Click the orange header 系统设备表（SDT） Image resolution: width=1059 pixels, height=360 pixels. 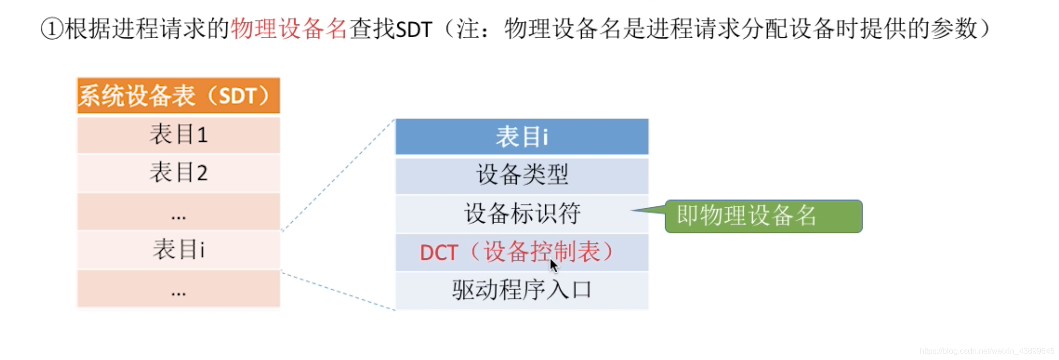[179, 95]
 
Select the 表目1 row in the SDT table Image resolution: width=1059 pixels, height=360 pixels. [179, 134]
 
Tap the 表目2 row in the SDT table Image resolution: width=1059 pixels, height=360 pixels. [179, 173]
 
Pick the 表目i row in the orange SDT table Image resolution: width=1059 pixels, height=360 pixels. [179, 249]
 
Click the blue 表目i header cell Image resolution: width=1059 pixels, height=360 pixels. [522, 136]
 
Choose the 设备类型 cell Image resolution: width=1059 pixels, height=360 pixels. [522, 175]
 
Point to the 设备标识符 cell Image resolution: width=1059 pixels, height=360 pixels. [522, 214]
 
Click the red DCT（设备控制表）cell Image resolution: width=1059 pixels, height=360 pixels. [516, 252]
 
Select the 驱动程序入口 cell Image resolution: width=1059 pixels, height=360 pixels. [522, 290]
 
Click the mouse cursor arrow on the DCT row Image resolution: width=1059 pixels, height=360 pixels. [554, 265]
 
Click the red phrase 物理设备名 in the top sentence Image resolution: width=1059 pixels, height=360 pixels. [289, 29]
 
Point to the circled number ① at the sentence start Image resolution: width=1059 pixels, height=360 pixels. [52, 29]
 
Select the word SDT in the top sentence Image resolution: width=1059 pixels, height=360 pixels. [414, 30]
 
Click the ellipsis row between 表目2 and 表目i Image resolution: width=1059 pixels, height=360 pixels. [179, 212]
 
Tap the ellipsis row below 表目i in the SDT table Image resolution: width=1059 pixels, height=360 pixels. [179, 289]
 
